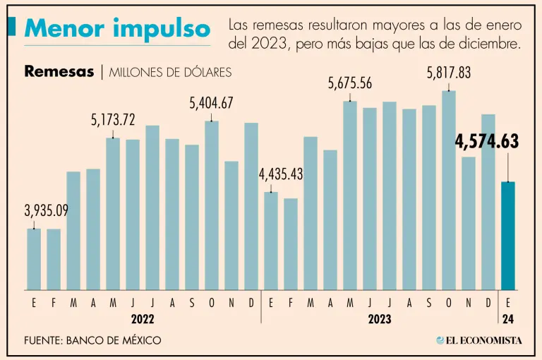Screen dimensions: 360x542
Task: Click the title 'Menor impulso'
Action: [x=117, y=29]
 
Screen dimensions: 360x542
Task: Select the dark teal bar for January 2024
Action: [x=508, y=236]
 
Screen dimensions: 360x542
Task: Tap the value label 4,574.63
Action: [x=487, y=142]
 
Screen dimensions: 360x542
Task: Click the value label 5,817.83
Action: [x=449, y=73]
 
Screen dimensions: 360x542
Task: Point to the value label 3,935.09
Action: [x=47, y=210]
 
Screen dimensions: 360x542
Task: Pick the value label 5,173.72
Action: [x=113, y=120]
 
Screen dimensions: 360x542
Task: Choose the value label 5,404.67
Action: [x=211, y=103]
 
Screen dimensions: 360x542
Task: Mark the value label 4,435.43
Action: [x=281, y=174]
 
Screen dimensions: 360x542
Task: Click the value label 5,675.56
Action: [x=350, y=83]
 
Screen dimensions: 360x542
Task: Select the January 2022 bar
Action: [x=34, y=259]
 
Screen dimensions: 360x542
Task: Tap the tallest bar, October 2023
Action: [x=449, y=191]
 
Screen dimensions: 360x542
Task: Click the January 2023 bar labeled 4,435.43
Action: [x=271, y=241]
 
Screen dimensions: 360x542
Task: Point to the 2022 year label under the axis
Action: [x=143, y=319]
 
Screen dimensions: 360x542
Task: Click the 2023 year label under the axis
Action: [x=380, y=319]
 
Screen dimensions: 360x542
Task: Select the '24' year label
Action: [x=508, y=319]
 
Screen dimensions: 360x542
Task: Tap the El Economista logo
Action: [x=479, y=340]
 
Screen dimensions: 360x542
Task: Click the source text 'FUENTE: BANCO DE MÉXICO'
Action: [x=92, y=340]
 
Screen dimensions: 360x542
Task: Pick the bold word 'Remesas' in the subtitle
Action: [x=59, y=71]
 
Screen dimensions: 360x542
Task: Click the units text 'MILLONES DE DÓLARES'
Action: [x=170, y=72]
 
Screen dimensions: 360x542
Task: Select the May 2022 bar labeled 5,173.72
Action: [x=113, y=214]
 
